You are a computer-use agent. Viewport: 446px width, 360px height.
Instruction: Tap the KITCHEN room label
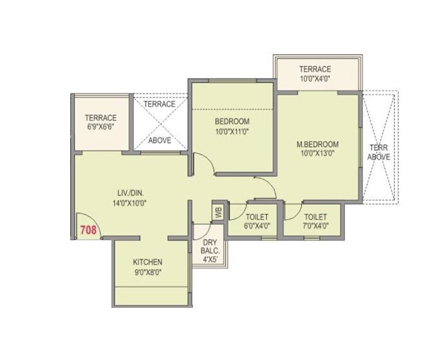point(147,262)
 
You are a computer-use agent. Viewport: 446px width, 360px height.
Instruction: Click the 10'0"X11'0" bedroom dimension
point(232,131)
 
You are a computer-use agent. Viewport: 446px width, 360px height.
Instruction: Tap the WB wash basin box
point(218,211)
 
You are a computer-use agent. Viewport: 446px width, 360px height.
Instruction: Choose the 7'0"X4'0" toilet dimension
point(315,226)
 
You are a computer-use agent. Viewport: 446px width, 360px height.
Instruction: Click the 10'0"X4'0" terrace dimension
point(315,79)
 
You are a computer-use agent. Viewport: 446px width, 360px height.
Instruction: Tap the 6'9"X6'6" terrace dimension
point(100,127)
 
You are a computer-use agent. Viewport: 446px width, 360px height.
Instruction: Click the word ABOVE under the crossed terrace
point(160,140)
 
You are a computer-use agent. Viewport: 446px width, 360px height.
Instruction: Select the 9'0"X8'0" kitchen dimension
point(147,272)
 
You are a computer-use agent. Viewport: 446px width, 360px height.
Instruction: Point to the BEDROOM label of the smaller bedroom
point(232,121)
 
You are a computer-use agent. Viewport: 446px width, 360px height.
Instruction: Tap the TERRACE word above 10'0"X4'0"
point(315,69)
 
